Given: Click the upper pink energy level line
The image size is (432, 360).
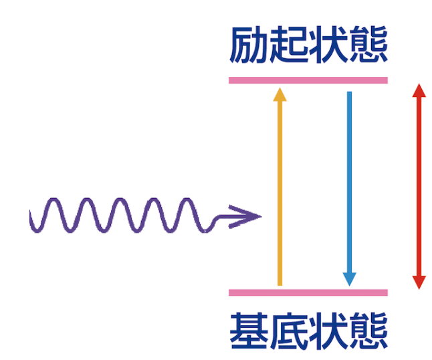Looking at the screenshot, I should tap(308, 80).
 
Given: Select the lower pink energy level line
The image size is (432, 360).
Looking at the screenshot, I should tap(308, 292).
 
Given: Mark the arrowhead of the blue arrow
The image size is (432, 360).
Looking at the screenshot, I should tap(348, 278).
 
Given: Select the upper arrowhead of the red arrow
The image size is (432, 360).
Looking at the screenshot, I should tap(419, 90).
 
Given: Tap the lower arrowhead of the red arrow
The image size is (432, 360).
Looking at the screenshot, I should tap(419, 282).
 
